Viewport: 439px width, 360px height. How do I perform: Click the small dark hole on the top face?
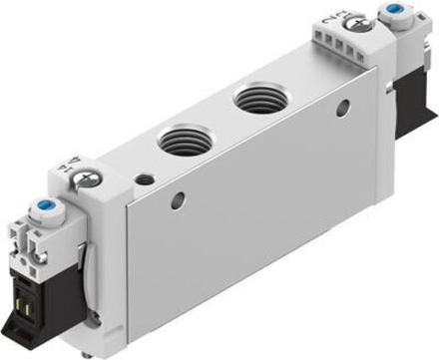point(146,180)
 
